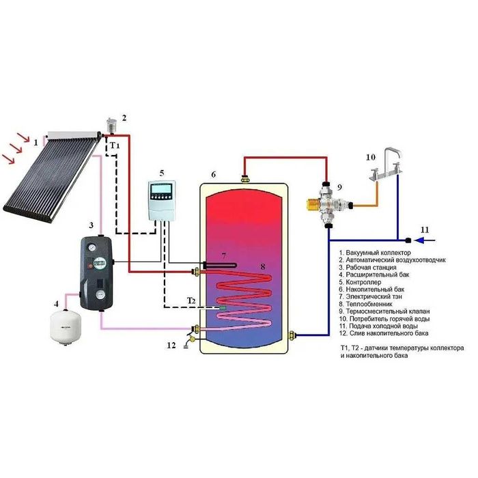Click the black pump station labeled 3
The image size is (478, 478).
point(97,270)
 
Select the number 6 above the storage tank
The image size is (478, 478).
point(213,175)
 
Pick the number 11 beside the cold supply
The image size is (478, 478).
point(425,229)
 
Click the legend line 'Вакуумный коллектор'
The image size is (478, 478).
point(378,253)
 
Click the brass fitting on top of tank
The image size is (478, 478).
point(244,179)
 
